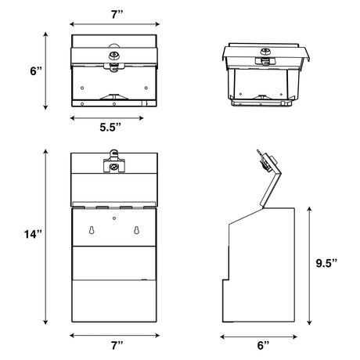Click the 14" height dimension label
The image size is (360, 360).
(x=33, y=234)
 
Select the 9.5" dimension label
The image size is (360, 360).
(x=326, y=263)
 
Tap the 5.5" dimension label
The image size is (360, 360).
(x=110, y=128)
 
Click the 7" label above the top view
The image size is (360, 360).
(x=117, y=14)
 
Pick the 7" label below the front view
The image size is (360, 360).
(x=117, y=345)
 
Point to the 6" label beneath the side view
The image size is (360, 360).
(x=263, y=345)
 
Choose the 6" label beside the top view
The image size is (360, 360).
(x=36, y=71)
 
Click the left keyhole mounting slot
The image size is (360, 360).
(x=92, y=230)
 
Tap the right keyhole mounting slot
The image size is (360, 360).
(x=136, y=230)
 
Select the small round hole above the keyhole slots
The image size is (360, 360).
(x=114, y=218)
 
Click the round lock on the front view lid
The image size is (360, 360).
(x=113, y=167)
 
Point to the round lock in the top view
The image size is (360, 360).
(x=113, y=55)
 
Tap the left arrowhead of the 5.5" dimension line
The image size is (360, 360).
(x=72, y=118)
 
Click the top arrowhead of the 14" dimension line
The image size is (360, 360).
(x=46, y=152)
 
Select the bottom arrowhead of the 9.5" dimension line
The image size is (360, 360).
(x=309, y=322)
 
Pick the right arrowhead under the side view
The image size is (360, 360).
(x=295, y=337)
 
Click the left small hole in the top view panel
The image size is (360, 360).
(x=82, y=88)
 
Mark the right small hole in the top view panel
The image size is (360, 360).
(x=146, y=88)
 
